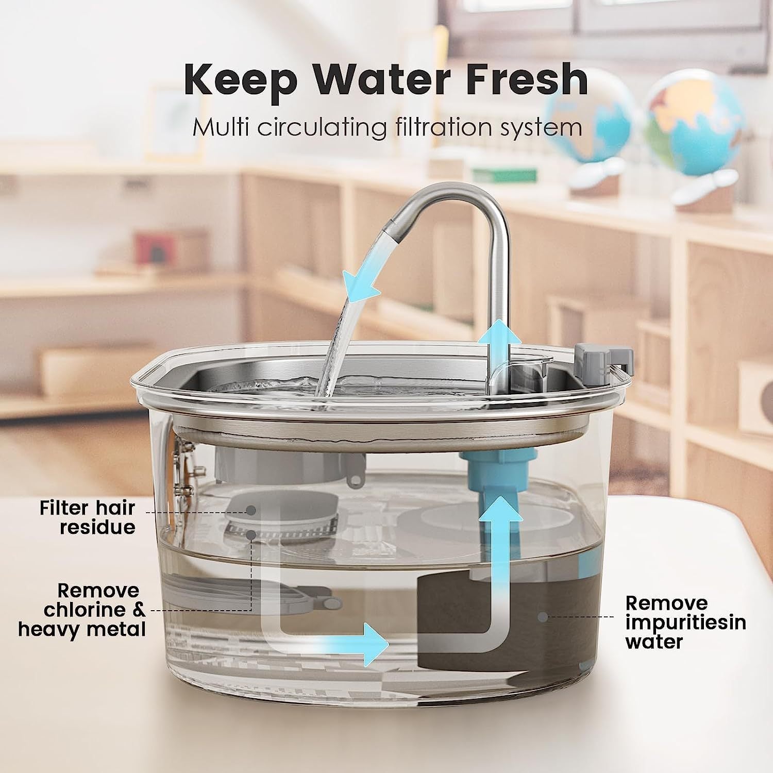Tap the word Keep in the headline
point(240,80)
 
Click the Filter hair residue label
point(88,517)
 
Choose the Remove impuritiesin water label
point(685,622)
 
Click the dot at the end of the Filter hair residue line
point(251,510)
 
